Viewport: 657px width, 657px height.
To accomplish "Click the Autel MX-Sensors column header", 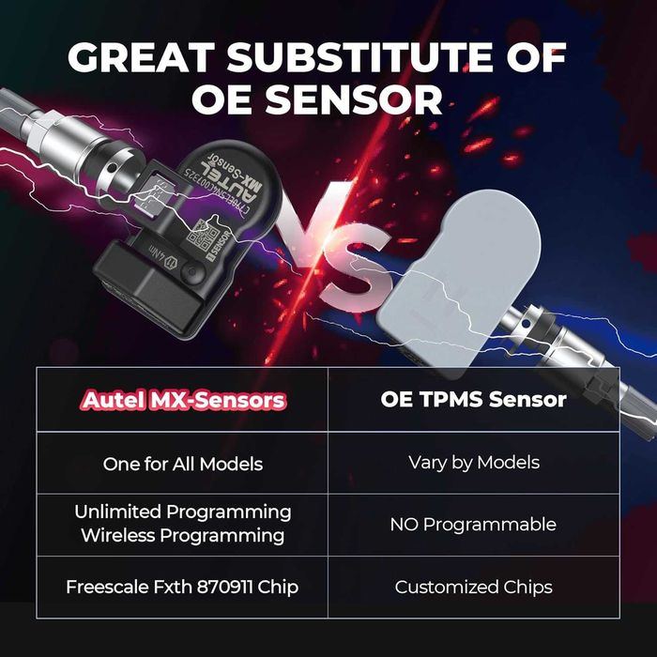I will (x=183, y=400).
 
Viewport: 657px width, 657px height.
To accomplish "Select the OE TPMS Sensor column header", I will (x=473, y=400).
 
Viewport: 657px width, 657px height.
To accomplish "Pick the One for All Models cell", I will (x=183, y=463).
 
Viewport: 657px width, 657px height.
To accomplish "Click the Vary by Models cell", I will (x=473, y=462).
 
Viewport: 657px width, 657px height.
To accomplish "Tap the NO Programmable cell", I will (x=473, y=524).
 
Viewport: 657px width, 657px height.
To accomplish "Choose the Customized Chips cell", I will (x=473, y=588).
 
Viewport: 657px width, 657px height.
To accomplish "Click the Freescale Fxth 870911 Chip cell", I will (x=183, y=588).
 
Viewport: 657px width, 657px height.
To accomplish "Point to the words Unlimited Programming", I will (x=183, y=512).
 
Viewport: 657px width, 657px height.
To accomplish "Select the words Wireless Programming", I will (x=183, y=536).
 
